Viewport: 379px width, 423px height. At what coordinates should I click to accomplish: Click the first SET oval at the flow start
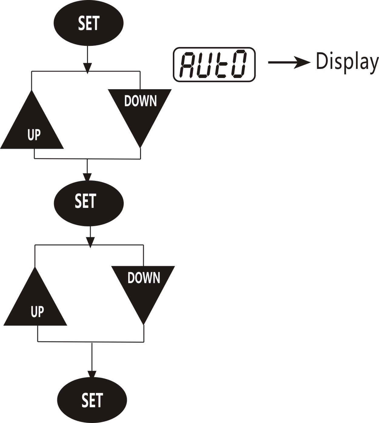89,23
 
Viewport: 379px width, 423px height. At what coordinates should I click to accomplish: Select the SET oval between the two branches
89,203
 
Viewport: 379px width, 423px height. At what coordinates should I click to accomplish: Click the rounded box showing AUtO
214,65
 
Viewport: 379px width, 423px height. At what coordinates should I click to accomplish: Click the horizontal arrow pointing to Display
289,62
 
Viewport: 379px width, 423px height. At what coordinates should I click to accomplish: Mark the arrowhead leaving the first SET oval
88,68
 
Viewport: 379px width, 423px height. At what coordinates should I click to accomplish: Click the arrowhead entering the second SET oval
87,177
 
